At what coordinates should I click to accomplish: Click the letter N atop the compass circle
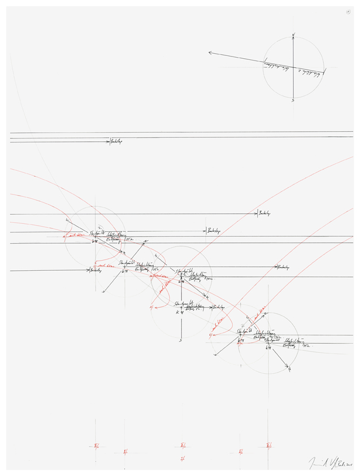(293, 36)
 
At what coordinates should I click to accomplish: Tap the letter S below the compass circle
(293, 101)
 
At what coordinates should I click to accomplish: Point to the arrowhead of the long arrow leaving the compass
(210, 53)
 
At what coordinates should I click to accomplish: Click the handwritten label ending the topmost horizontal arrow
(115, 141)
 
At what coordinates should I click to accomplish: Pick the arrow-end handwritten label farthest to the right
(283, 267)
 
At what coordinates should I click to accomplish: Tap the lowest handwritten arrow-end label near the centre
(219, 307)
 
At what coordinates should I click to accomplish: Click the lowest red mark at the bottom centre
(182, 458)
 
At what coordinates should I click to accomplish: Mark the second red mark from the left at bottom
(125, 452)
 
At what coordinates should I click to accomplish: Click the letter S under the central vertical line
(180, 340)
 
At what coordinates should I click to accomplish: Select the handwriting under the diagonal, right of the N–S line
(307, 73)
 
